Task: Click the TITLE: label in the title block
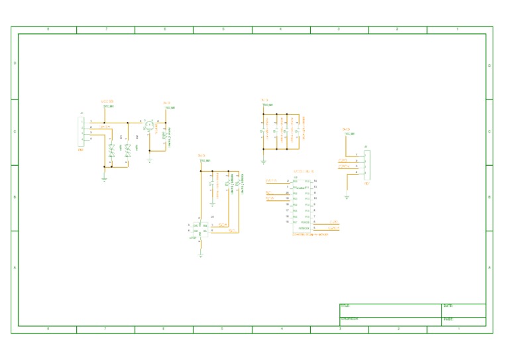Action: pyautogui.click(x=345, y=306)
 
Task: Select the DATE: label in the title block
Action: pyautogui.click(x=447, y=306)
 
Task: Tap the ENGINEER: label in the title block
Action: pyautogui.click(x=349, y=319)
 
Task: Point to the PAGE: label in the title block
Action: pyautogui.click(x=447, y=319)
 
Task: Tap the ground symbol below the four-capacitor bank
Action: pyautogui.click(x=263, y=161)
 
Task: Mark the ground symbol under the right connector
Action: pyautogui.click(x=347, y=196)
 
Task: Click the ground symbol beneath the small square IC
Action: pyautogui.click(x=201, y=254)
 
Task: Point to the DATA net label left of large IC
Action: pyautogui.click(x=271, y=181)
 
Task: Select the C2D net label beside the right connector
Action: pyautogui.click(x=343, y=160)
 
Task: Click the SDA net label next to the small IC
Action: pyautogui.click(x=223, y=225)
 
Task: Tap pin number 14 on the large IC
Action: pyautogui.click(x=315, y=181)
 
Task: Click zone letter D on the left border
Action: pyautogui.click(x=15, y=64)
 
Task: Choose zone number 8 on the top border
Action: pyautogui.click(x=47, y=30)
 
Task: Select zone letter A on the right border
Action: pyautogui.click(x=489, y=267)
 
